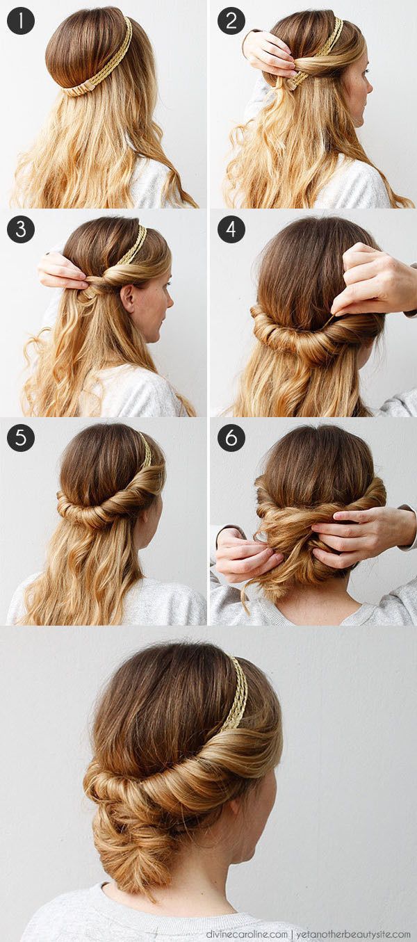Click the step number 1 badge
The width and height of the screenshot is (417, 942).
(21, 21)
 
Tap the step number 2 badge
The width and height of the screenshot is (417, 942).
(231, 21)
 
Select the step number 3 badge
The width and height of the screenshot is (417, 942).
(21, 229)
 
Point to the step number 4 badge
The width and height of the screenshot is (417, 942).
(231, 229)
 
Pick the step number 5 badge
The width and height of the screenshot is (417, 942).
(21, 438)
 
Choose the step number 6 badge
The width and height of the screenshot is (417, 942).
(231, 438)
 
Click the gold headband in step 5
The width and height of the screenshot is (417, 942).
(146, 451)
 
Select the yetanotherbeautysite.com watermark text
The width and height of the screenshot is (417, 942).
(353, 934)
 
